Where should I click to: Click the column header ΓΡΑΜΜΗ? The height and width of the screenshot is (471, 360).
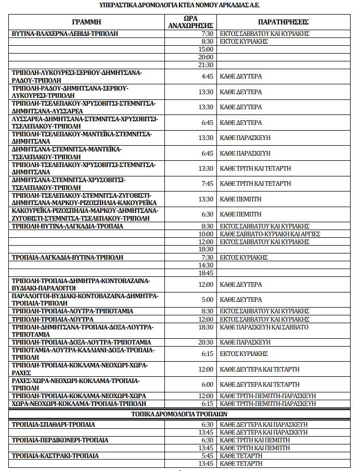(86, 22)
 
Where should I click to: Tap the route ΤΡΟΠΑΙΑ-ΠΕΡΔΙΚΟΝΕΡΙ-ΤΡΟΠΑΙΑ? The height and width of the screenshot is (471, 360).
(60, 440)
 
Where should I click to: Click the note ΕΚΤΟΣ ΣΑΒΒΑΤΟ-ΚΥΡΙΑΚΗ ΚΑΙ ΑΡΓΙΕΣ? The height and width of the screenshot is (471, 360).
(270, 234)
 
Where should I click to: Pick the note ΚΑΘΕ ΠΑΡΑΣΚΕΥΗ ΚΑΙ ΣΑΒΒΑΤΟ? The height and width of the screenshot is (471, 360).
(264, 327)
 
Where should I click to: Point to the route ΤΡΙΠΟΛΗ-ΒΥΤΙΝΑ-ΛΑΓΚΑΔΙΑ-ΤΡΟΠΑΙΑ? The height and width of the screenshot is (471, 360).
(67, 226)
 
